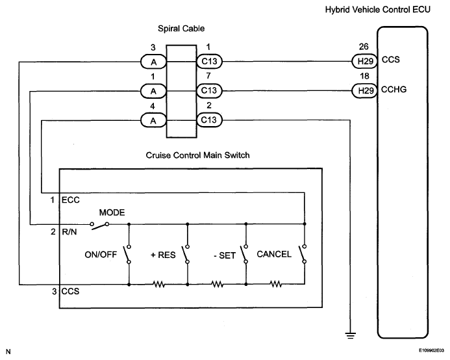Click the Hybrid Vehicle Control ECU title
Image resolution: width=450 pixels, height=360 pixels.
378,10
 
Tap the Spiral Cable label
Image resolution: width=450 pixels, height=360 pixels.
181,29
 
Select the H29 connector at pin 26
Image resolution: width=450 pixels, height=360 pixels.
364,61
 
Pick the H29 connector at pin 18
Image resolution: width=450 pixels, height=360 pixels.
364,91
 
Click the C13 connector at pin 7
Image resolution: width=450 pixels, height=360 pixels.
209,90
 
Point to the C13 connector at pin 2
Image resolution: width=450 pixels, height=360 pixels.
209,120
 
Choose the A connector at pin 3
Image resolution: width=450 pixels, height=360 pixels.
153,62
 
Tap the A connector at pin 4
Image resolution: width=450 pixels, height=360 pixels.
153,120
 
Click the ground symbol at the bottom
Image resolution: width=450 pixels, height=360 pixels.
350,335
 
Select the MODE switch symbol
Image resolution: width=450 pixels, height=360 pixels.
99,225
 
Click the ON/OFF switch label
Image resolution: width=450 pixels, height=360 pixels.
101,255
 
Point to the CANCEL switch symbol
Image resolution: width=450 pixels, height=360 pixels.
303,254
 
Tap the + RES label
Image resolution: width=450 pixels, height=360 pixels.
163,255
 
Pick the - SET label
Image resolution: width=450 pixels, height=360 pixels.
225,255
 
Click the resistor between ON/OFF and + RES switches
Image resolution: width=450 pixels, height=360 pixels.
158,285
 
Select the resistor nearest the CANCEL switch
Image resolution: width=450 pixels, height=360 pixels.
276,284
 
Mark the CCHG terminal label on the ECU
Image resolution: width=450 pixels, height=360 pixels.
394,90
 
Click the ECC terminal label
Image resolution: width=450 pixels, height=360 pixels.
71,200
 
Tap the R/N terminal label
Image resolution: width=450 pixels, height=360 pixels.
69,232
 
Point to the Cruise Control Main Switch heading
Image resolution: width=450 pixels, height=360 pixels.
198,155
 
